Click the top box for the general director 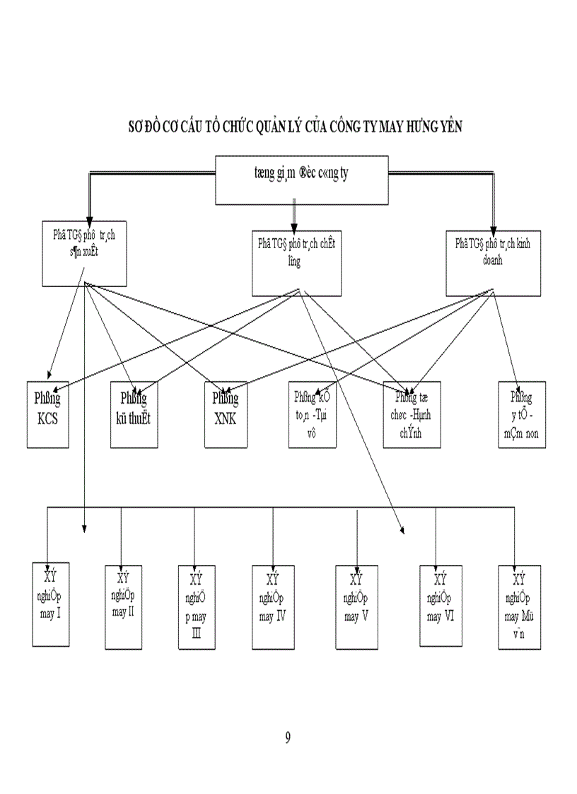coord(302,180)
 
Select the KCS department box coord(48,414)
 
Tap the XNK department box coord(226,414)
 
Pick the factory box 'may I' coord(51,602)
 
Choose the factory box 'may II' coord(124,607)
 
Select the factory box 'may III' coord(197,607)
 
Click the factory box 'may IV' coord(272,607)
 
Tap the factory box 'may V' coord(357,607)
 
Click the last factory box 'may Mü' coord(520,607)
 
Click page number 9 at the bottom coord(288,738)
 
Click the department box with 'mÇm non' coord(522,414)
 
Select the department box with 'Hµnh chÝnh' coord(412,414)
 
